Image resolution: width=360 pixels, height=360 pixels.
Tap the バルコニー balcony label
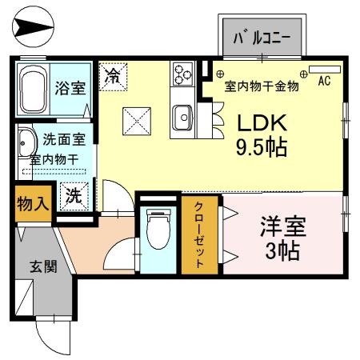[260, 38]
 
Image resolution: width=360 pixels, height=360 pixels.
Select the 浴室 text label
[70, 88]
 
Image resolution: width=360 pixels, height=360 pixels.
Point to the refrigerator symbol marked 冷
[113, 78]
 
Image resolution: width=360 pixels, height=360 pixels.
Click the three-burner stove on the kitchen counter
[182, 75]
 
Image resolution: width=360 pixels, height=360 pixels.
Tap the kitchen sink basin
[183, 118]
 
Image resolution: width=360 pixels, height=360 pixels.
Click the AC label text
[324, 81]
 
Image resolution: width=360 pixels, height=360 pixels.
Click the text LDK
[260, 122]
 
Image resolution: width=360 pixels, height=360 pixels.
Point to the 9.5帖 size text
[260, 147]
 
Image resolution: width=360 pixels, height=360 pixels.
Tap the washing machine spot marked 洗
[73, 194]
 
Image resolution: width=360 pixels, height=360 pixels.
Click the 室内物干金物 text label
[262, 86]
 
